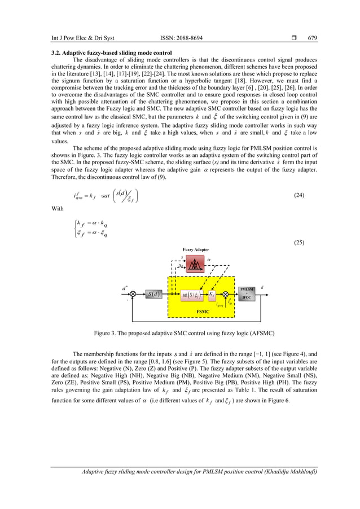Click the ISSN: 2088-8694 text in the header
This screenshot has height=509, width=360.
[x=182, y=38]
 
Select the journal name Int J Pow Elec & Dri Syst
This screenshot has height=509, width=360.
[x=83, y=38]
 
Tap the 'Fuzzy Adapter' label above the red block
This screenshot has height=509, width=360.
[x=195, y=249]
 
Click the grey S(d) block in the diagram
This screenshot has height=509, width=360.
[x=153, y=294]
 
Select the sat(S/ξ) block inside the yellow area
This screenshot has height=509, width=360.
[x=190, y=294]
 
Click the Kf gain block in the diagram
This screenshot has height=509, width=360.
[x=212, y=294]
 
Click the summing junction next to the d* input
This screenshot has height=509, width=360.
[x=133, y=294]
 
